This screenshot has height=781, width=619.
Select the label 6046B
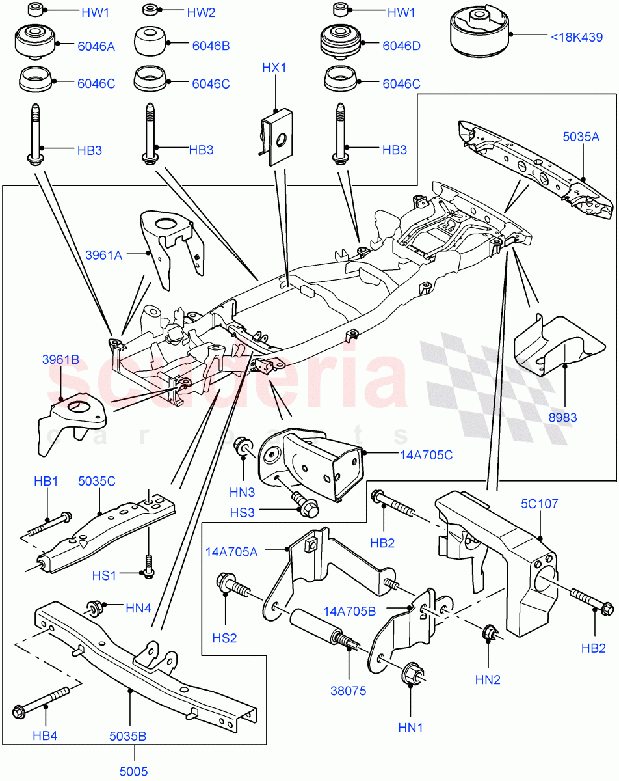(x=211, y=46)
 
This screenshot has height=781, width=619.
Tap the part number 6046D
(x=402, y=46)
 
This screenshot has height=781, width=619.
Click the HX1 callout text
(x=274, y=68)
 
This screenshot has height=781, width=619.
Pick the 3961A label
(x=103, y=255)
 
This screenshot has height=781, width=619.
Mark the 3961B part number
(x=60, y=359)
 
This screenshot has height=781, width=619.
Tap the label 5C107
(x=540, y=504)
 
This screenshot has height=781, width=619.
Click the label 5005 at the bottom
(x=134, y=772)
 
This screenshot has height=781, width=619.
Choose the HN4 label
(x=138, y=609)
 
